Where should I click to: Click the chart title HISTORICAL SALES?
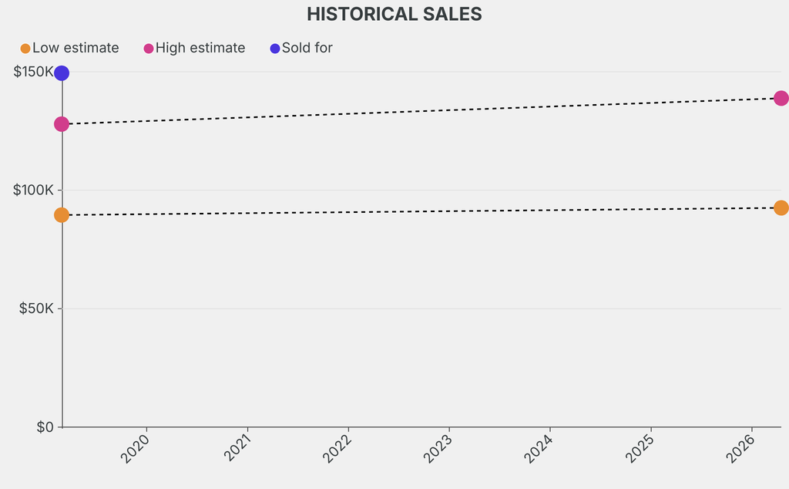394,14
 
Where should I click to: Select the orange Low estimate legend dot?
25,49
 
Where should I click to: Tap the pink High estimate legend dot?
149,49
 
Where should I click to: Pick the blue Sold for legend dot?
275,49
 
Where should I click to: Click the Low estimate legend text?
76,48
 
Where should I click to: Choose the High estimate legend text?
200,48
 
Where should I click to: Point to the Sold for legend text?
307,48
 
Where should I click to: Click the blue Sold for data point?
62,73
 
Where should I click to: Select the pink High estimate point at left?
62,124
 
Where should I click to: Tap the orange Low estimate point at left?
62,214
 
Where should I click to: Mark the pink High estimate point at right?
781,98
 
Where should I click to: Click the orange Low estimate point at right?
781,207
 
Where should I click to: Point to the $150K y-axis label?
34,73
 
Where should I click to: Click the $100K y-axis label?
34,191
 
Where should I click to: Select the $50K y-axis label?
37,309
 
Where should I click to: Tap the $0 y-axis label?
45,427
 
